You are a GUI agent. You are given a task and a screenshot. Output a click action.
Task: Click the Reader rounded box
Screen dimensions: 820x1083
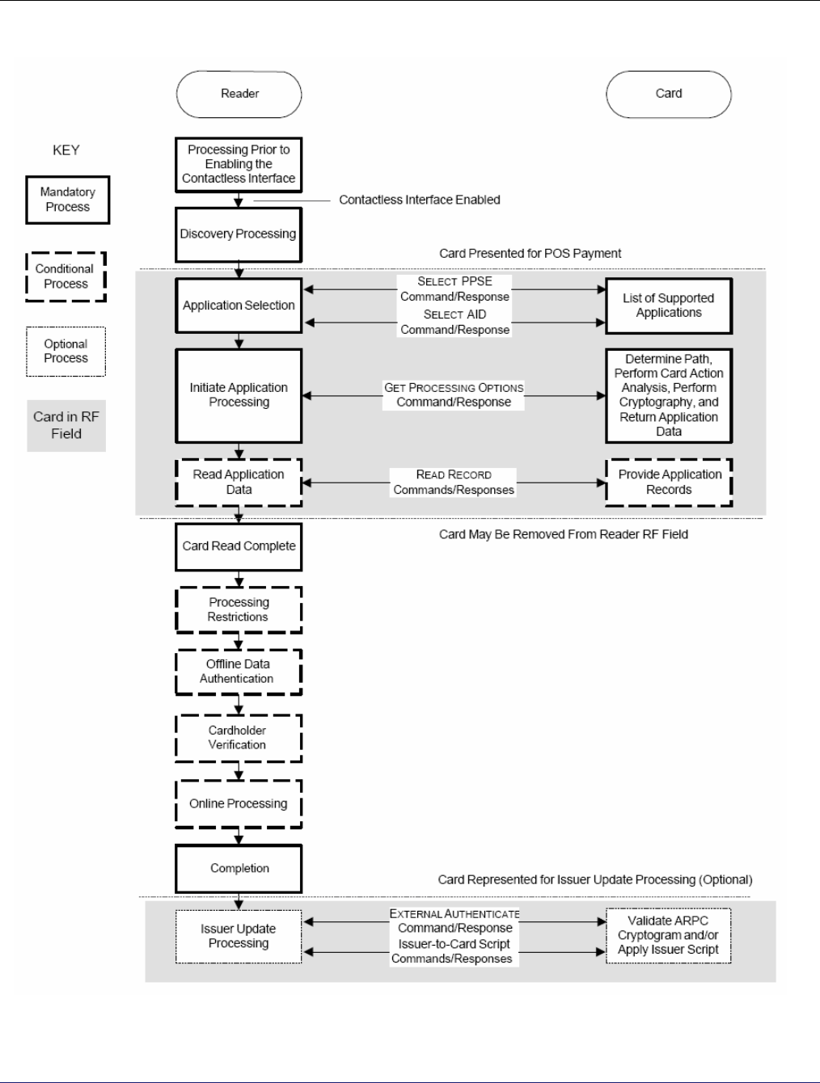point(239,95)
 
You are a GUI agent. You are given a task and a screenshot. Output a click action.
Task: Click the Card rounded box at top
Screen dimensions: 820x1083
point(669,95)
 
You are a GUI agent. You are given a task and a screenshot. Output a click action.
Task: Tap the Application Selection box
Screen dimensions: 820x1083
point(239,306)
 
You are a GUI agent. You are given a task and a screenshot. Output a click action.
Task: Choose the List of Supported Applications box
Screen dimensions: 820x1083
point(669,306)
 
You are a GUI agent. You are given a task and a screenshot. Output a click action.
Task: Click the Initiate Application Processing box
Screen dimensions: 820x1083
point(239,396)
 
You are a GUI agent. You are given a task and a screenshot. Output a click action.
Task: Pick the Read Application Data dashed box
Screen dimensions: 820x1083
point(239,483)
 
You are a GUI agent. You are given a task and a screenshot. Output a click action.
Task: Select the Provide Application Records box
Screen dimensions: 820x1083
point(669,483)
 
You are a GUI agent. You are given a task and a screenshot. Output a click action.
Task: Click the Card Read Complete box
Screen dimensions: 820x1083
point(239,547)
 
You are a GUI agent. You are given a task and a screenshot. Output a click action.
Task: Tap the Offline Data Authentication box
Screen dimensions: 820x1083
point(239,672)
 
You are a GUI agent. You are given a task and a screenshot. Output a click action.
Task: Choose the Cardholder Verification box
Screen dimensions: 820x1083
point(239,738)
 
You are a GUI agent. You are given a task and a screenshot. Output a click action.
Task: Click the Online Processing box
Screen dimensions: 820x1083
point(239,804)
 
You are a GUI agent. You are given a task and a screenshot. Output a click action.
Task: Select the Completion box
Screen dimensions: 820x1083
point(239,869)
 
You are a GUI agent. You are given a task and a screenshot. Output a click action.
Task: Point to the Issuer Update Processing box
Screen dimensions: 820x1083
point(239,937)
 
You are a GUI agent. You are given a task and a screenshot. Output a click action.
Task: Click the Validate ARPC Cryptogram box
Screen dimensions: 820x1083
point(669,935)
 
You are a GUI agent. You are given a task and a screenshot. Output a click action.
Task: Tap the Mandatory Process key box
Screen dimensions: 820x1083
point(68,200)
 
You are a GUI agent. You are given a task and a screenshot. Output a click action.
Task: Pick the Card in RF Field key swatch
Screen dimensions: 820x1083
point(66,426)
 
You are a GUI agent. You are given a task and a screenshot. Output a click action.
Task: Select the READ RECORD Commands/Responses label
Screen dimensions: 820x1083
point(453,482)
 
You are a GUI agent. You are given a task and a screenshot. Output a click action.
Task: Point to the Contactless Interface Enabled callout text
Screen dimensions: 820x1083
point(419,200)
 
